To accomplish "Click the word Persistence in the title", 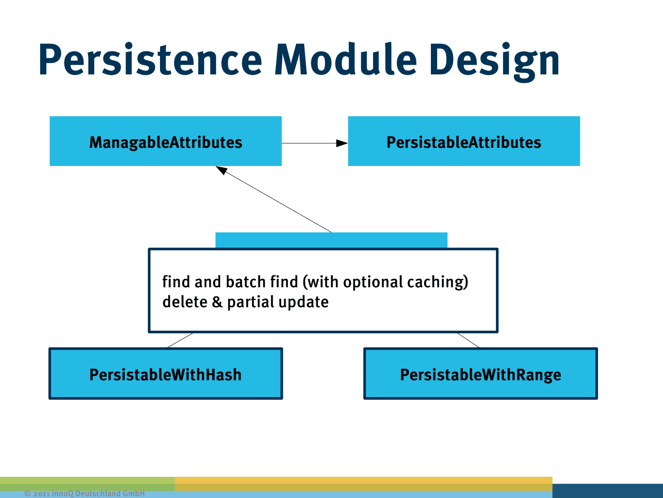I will coord(150,60).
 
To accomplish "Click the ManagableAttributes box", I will coord(165,141).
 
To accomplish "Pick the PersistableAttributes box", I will coord(464,141).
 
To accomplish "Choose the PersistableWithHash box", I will coord(165,374).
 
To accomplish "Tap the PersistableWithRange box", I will coord(480,374).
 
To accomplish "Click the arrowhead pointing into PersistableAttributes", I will coord(342,143).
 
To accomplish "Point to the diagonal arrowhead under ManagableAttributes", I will coord(221,170).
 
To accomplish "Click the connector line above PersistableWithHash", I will coord(180,340).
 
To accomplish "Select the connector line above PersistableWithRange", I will coord(469,340).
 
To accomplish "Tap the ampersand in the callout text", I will coord(217,302).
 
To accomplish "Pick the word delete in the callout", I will coord(185,302).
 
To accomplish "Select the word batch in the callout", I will coord(246,282).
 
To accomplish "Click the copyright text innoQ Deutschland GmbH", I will coord(84,493).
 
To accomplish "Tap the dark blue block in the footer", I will coord(607,490).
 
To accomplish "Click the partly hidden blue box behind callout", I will coord(331,240).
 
